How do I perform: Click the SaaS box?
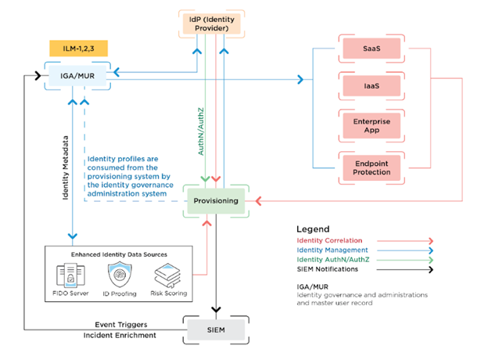tap(372, 49)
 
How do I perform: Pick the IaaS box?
tap(372, 87)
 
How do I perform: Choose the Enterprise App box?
tap(372, 125)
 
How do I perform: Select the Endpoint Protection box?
tap(372, 165)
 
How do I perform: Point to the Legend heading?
tap(314, 229)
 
